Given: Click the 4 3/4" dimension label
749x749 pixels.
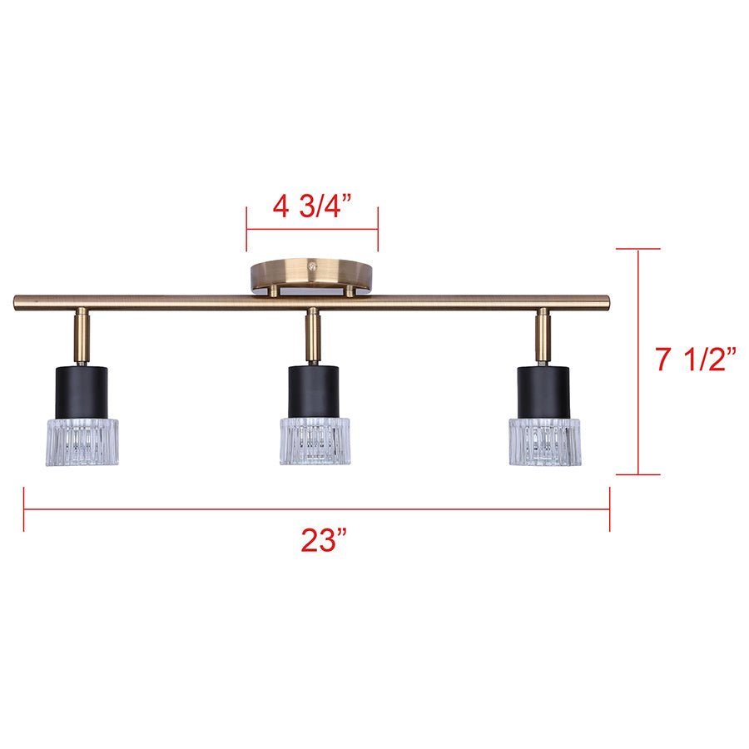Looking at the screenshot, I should (312, 206).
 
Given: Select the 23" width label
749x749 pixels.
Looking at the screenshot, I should (323, 541).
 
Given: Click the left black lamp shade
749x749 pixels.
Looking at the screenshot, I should (82, 391).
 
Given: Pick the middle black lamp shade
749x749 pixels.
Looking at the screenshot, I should (315, 391).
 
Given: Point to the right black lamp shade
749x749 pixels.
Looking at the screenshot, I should (543, 391).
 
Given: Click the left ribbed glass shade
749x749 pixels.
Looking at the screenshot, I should (82, 441).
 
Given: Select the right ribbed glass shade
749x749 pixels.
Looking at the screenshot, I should (545, 441).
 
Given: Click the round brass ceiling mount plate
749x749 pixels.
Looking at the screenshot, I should (312, 272).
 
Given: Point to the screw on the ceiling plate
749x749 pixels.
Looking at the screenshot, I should (312, 266).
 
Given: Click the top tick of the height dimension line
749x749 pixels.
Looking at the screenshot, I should (638, 248).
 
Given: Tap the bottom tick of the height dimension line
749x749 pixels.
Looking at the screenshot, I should (638, 475).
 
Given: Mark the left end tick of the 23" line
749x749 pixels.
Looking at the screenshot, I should (24, 509).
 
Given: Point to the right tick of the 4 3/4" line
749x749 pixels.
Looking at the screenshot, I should (378, 230).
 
